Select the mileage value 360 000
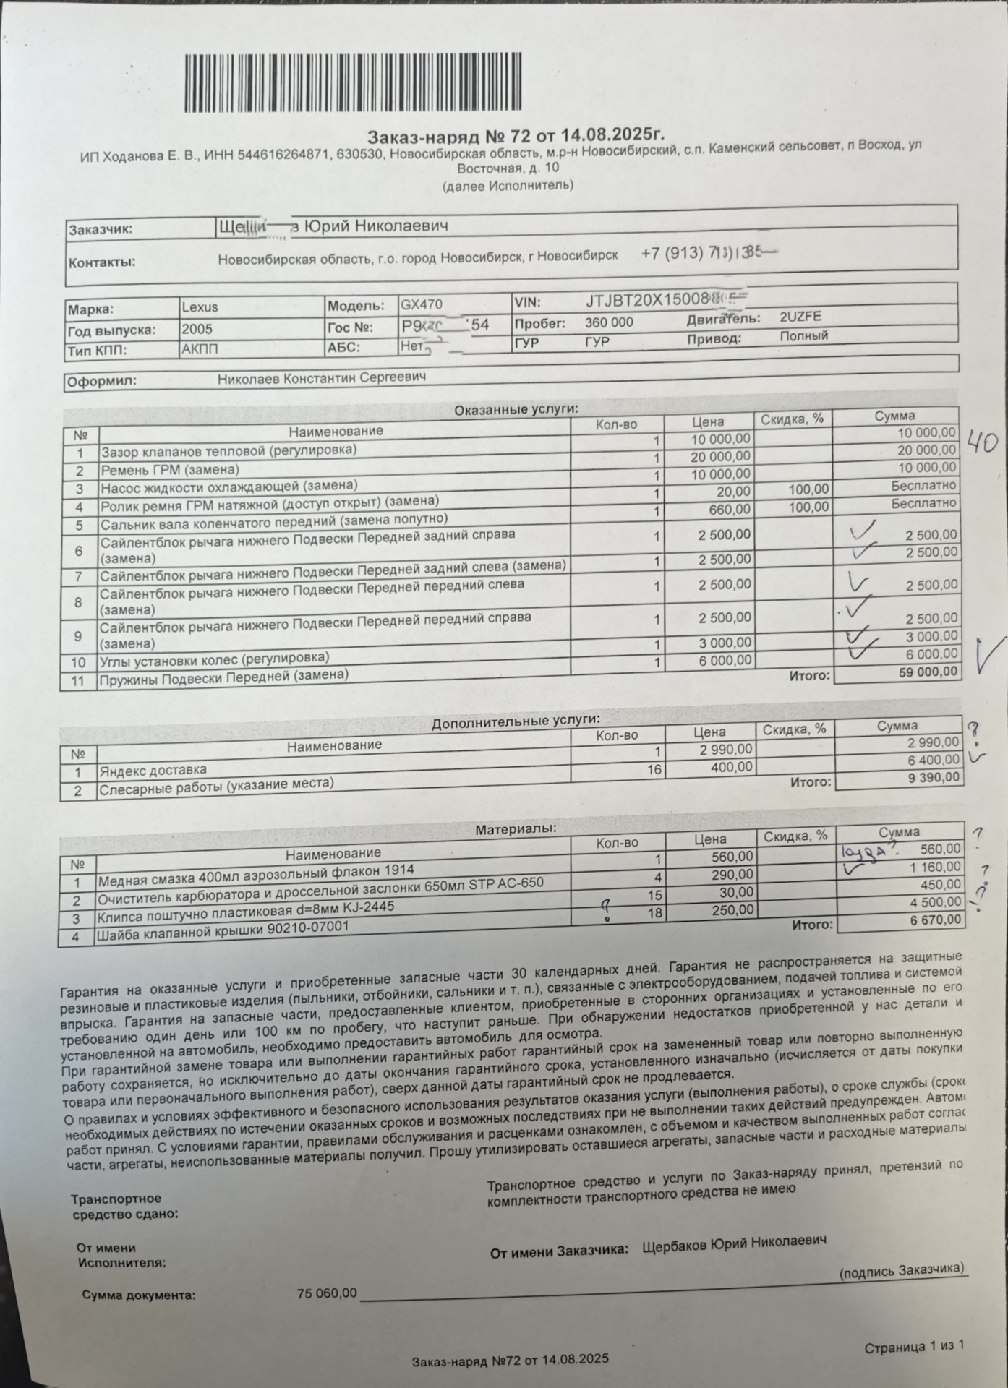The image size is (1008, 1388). tap(609, 322)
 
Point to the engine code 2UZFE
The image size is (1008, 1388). tap(800, 317)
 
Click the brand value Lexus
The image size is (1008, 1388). tap(200, 307)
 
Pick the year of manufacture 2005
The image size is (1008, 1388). tap(197, 329)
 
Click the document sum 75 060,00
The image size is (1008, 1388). tap(327, 1293)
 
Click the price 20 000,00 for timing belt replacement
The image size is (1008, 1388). tap(720, 457)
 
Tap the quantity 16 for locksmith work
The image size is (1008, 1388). tap(654, 770)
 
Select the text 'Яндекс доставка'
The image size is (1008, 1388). tap(153, 771)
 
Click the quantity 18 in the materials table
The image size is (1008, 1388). tap(654, 913)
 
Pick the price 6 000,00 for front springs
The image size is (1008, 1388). tap(725, 660)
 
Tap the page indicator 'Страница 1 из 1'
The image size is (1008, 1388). tap(914, 1346)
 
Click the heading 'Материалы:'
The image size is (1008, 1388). tap(516, 829)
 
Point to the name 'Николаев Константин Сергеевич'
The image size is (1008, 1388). tap(322, 378)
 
